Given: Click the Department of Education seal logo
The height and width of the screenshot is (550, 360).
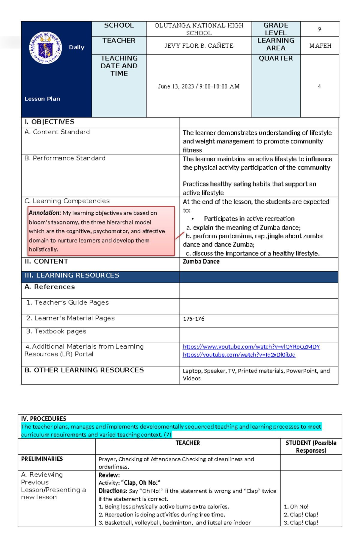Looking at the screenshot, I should (46, 48).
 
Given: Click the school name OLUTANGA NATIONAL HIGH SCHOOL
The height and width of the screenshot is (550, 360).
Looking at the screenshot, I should (199, 29).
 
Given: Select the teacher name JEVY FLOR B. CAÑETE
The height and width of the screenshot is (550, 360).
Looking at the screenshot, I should (199, 46).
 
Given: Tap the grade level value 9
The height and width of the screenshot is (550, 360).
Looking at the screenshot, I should (319, 29).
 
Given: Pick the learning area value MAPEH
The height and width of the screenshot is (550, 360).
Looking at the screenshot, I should (320, 46).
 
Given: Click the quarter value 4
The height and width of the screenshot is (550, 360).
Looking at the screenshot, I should (319, 87).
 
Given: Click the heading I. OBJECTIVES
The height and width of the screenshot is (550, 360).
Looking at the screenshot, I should (49, 122).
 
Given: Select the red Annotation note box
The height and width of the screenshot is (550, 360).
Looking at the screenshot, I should (101, 231).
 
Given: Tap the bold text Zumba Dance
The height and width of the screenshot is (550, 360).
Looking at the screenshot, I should (201, 262).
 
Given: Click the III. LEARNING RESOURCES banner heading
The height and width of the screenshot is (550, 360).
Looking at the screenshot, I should (72, 275).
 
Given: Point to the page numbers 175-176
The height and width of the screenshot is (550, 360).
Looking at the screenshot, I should (193, 319).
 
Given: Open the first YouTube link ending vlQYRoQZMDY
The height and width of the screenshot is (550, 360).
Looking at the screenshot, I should (251, 347).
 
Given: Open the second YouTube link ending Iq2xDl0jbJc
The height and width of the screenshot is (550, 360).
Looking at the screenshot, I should (239, 355).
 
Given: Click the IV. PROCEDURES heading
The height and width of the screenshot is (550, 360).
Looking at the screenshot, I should (43, 419).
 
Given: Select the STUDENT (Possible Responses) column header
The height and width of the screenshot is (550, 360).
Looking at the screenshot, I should (311, 447).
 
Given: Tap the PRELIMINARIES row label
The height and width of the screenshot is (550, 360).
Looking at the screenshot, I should (42, 459).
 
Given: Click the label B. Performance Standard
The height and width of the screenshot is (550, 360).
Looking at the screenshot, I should (65, 158).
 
